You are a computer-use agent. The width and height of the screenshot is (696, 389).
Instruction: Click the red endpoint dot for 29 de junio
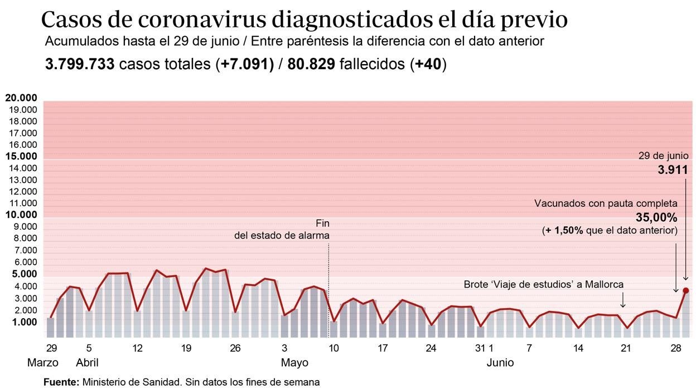pyautogui.click(x=685, y=290)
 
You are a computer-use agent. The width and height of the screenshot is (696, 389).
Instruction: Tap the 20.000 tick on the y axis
pyautogui.click(x=21, y=98)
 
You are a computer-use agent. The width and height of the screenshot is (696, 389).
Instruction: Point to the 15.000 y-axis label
pyautogui.click(x=21, y=157)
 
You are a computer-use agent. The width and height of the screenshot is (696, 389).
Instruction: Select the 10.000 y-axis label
pyautogui.click(x=21, y=215)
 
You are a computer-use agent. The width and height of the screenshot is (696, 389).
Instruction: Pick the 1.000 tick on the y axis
pyautogui.click(x=23, y=322)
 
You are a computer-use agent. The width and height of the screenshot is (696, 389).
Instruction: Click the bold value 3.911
pyautogui.click(x=673, y=170)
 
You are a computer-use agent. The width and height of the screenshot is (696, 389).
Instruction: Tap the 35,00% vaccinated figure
pyautogui.click(x=656, y=217)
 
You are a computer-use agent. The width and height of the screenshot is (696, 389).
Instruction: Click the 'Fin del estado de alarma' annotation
pyautogui.click(x=282, y=230)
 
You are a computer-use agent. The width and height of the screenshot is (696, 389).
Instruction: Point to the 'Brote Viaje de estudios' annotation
pyautogui.click(x=543, y=284)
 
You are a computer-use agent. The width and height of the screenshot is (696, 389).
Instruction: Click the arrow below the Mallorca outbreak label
pyautogui.click(x=623, y=301)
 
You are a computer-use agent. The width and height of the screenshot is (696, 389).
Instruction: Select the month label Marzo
pyautogui.click(x=43, y=363)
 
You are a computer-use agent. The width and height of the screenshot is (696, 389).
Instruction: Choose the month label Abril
pyautogui.click(x=87, y=363)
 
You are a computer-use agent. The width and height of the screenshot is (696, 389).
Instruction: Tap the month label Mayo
pyautogui.click(x=294, y=363)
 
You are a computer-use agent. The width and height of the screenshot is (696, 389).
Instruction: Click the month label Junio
pyautogui.click(x=500, y=363)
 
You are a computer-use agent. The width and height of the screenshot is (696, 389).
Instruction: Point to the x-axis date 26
pyautogui.click(x=235, y=348)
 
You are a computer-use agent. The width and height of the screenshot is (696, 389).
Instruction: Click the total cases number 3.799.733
pyautogui.click(x=80, y=65)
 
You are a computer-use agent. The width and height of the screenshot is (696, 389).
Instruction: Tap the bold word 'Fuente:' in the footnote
pyautogui.click(x=61, y=382)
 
